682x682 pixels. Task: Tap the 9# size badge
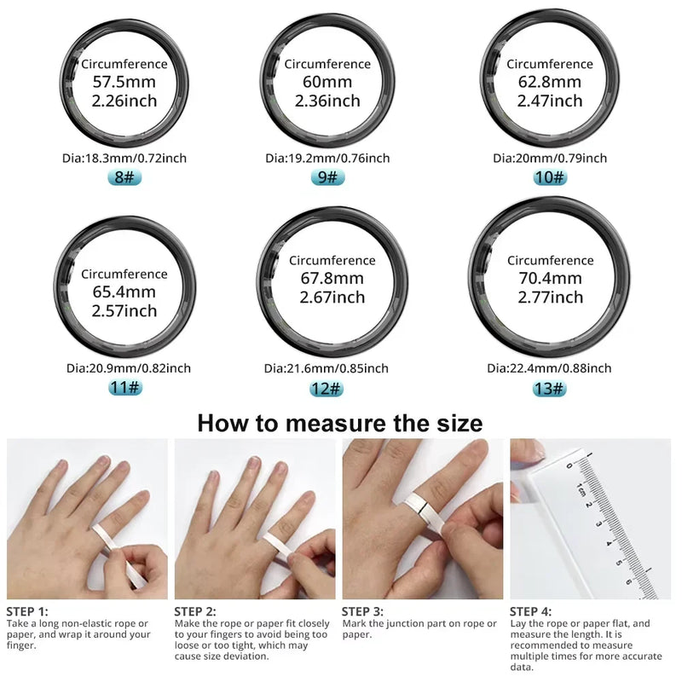[327, 177]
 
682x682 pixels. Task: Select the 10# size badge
[550, 177]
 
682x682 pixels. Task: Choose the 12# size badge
[327, 388]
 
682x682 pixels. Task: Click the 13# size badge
[548, 388]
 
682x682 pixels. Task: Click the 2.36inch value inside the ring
[327, 101]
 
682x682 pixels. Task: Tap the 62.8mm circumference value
[550, 82]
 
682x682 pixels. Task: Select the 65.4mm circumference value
[124, 292]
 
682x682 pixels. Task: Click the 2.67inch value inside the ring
[332, 297]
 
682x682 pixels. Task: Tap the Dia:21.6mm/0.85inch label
[327, 368]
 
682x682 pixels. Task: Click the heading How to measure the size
[340, 423]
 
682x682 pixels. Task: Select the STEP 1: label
[27, 611]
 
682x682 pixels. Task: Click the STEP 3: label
[363, 611]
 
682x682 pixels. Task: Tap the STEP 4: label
[530, 611]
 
